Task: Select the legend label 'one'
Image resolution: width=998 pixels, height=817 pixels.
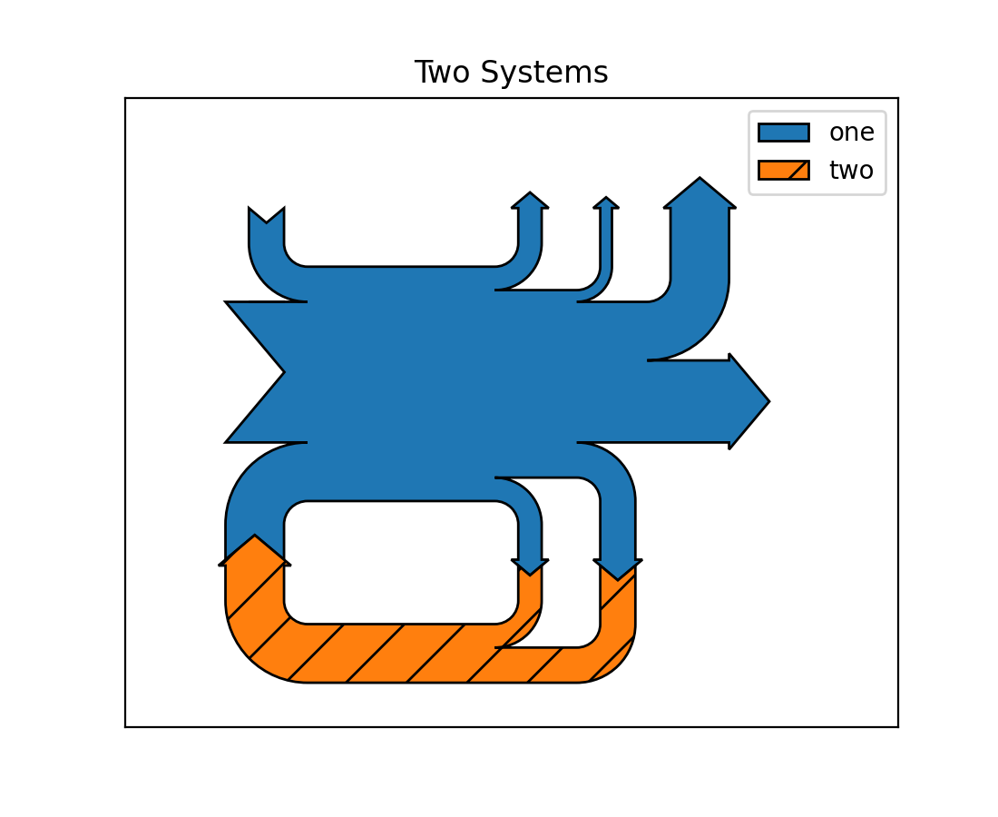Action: click(851, 133)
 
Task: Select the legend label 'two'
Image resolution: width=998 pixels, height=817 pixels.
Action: click(851, 170)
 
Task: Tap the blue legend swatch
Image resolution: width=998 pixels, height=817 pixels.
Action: click(783, 133)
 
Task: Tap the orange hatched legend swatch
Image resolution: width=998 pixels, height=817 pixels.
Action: click(783, 170)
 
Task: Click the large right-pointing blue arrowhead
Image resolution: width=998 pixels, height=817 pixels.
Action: click(748, 401)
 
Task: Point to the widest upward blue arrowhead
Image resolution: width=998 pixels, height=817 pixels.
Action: click(700, 194)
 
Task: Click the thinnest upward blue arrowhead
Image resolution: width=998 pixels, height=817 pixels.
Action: click(606, 203)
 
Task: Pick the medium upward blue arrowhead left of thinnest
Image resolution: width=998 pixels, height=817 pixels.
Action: click(530, 201)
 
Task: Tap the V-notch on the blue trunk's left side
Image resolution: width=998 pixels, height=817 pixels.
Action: click(272, 372)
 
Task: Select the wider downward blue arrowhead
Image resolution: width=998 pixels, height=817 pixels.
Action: click(618, 569)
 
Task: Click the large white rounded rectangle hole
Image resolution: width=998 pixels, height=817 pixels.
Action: click(401, 563)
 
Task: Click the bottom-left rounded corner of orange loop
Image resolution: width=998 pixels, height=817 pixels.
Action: click(249, 649)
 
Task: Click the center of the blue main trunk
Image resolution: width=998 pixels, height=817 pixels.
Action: click(435, 372)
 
